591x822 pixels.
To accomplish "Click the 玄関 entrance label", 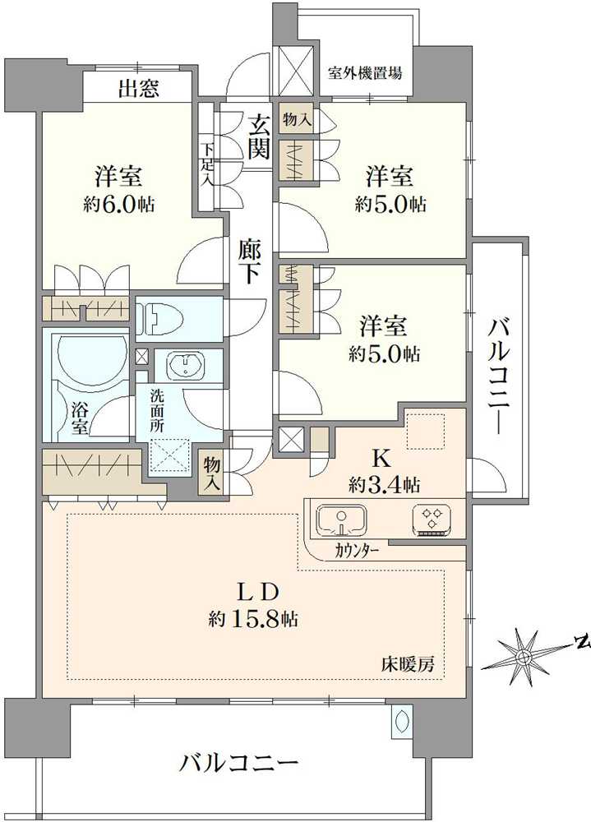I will pyautogui.click(x=260, y=136).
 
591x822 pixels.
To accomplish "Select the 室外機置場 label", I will pyautogui.click(x=365, y=73).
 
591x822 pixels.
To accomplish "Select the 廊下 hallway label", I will pyautogui.click(x=251, y=261).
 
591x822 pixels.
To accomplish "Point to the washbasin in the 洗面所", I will pyautogui.click(x=188, y=364).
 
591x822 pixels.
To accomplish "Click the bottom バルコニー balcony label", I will pyautogui.click(x=239, y=764).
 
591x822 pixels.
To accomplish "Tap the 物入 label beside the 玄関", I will pyautogui.click(x=296, y=120).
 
